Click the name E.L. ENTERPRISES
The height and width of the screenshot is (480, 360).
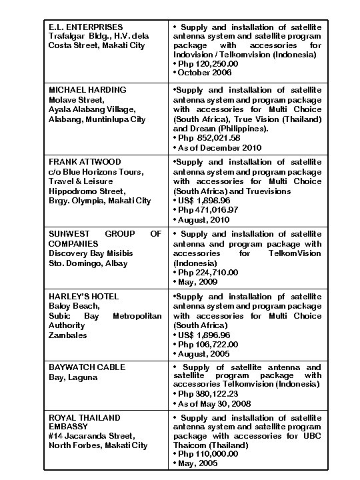click(85, 27)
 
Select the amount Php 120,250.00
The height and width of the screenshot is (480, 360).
click(207, 63)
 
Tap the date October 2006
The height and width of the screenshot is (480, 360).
click(206, 73)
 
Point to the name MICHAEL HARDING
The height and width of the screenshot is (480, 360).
click(88, 89)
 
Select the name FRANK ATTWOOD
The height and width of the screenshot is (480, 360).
click(85, 162)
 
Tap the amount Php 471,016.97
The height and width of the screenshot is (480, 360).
click(207, 210)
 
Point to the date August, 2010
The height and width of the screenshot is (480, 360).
click(203, 219)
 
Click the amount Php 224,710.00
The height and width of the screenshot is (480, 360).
click(207, 273)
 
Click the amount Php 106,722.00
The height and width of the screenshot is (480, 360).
click(207, 345)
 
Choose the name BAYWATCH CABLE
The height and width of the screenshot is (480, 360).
click(87, 367)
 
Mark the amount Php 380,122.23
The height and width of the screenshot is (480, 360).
click(207, 394)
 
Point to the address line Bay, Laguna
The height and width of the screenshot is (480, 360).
click(73, 377)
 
